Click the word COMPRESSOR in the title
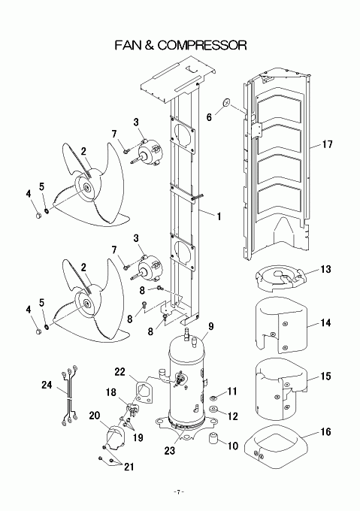coord(202,45)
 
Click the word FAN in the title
coord(127,45)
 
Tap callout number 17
coord(328,144)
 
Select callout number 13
coord(325,269)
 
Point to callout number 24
coord(47,385)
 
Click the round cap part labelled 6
coord(226,103)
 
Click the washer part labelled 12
coord(214,410)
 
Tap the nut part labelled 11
coord(213,398)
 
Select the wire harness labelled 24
coord(68,395)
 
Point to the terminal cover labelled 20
coord(115,437)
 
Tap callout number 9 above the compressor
coord(210,326)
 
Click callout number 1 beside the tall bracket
coord(219,216)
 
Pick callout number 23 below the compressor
coord(169,450)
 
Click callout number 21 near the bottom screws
coord(129,467)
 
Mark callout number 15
coord(325,376)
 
